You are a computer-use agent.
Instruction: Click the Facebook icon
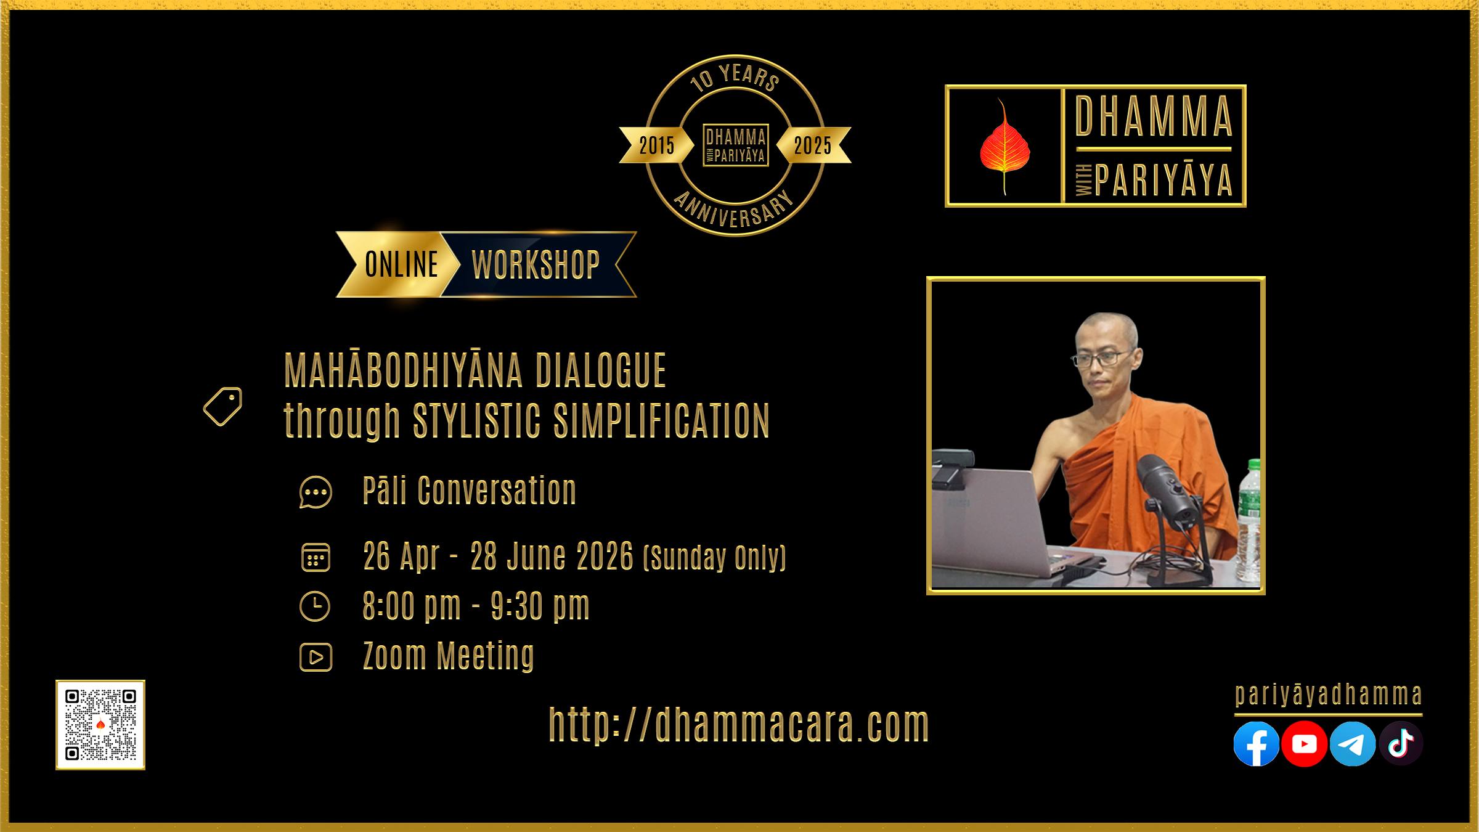tap(1256, 744)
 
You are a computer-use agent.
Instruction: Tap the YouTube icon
tap(1304, 744)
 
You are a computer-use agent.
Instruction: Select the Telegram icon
tap(1353, 744)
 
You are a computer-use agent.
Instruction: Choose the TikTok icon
tap(1401, 744)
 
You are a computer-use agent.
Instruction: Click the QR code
tap(100, 725)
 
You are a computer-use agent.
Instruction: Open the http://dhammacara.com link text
tap(739, 725)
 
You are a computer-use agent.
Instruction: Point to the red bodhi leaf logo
tap(1004, 147)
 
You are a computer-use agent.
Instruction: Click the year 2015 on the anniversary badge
tap(657, 145)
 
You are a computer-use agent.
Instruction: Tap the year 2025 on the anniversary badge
tap(812, 145)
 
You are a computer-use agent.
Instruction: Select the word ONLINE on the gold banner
tap(401, 265)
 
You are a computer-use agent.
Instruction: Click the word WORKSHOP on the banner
tap(536, 265)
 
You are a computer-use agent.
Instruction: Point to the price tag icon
tap(222, 406)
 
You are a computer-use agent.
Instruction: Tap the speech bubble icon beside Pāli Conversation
tap(316, 492)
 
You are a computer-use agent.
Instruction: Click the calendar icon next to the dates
tap(316, 557)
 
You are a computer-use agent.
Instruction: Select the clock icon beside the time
tap(315, 606)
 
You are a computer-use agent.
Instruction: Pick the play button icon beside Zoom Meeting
tap(316, 657)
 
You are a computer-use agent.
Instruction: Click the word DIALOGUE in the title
tap(601, 370)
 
